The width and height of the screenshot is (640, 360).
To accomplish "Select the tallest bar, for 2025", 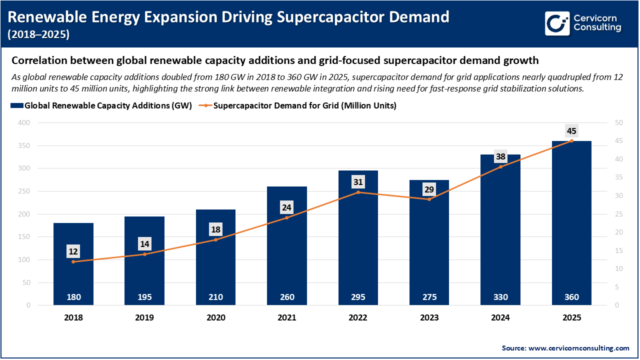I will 571,225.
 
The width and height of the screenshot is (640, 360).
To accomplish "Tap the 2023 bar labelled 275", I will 429,245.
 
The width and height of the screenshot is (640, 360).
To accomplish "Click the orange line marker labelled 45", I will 571,141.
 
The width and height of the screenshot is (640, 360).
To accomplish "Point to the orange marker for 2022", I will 358,192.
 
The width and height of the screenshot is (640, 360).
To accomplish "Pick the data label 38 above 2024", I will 500,156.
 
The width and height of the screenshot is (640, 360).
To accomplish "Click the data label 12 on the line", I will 73,251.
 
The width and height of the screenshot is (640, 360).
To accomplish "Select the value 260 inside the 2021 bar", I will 287,297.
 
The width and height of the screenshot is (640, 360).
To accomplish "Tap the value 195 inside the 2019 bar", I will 144,297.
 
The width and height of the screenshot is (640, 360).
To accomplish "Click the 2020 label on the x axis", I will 216,317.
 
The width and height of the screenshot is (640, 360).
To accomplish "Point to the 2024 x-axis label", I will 500,317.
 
